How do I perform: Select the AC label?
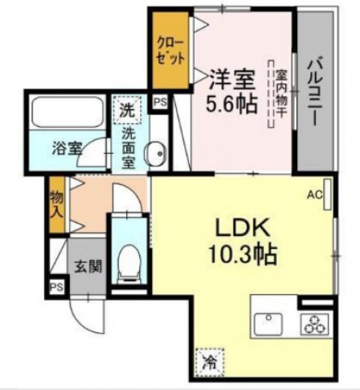[314, 195]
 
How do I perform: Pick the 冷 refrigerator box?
[209, 357]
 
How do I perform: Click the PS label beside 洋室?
[160, 103]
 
